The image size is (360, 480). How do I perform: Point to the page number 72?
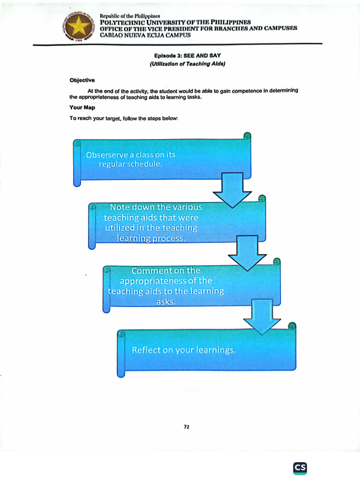(x=186, y=427)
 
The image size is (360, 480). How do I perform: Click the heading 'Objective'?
(x=82, y=80)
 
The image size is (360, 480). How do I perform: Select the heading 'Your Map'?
(x=82, y=107)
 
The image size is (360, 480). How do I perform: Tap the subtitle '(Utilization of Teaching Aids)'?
(x=187, y=64)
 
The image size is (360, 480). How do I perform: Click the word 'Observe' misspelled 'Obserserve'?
(x=107, y=155)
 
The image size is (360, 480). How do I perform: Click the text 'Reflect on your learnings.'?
(x=183, y=350)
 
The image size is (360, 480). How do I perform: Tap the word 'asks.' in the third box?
(x=166, y=302)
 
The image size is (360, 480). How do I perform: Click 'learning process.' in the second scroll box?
(x=151, y=239)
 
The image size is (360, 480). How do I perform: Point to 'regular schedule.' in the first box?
(x=131, y=164)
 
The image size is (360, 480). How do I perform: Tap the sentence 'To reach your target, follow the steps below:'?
(x=124, y=119)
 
